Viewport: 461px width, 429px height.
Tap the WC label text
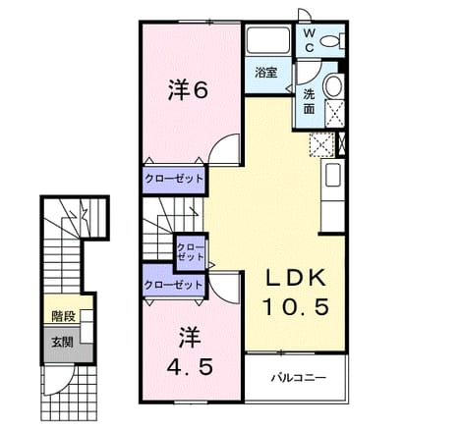[310, 40]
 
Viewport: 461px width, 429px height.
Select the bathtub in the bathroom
[267, 40]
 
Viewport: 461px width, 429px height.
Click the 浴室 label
[266, 73]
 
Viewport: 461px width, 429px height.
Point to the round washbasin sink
[333, 86]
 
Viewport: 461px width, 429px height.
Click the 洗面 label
[309, 101]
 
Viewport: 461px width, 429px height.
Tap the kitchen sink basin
[333, 175]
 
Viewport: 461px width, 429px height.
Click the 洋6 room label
[188, 90]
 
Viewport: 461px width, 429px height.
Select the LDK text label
[296, 278]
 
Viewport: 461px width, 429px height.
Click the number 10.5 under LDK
[296, 307]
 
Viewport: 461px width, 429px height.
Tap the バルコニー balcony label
[298, 378]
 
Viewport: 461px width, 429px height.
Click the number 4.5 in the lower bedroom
[190, 366]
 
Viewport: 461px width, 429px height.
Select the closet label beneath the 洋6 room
[174, 179]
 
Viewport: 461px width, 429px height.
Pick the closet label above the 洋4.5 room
[173, 285]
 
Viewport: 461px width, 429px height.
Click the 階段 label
[64, 316]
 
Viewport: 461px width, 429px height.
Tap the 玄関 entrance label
[62, 343]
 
